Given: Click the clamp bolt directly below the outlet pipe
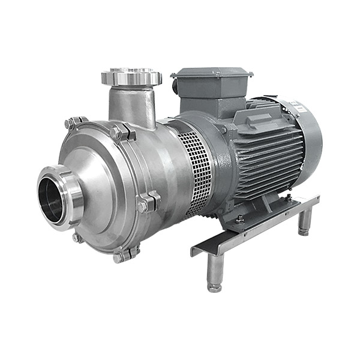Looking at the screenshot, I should click(x=119, y=133).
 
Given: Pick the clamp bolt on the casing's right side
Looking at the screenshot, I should click(x=146, y=202).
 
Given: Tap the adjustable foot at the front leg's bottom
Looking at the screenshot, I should click(x=214, y=287).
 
